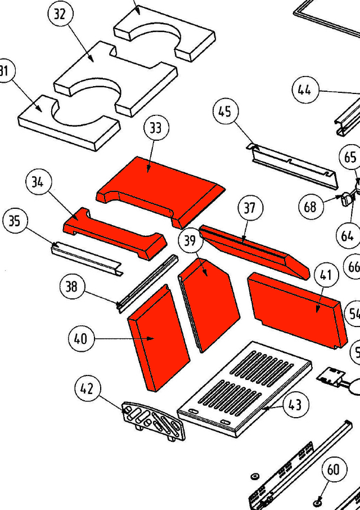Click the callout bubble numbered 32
(x=60, y=15)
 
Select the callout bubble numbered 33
(x=155, y=128)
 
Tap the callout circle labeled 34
(x=38, y=182)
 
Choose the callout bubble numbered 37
(x=249, y=208)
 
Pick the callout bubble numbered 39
(x=191, y=241)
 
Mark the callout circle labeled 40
(x=80, y=339)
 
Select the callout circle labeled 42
(x=87, y=389)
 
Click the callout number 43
(x=295, y=405)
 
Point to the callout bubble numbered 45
(x=225, y=112)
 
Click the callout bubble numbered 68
(x=310, y=207)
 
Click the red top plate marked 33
(x=160, y=186)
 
